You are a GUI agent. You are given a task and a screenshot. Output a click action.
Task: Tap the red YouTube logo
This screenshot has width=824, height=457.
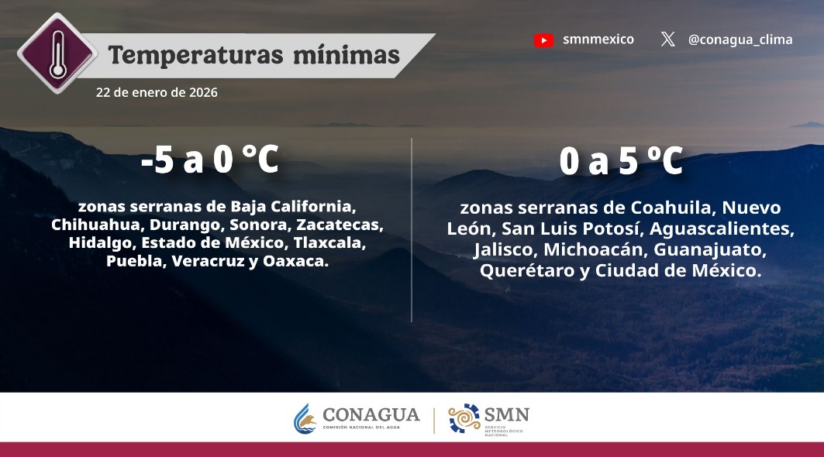pyautogui.click(x=544, y=40)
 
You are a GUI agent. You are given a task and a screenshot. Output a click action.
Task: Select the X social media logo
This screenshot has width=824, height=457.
pyautogui.click(x=667, y=40)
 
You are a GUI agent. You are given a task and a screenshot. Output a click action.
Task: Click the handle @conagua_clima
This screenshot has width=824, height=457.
pyautogui.click(x=740, y=40)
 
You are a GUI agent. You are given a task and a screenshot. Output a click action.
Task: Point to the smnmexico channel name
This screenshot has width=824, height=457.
pyautogui.click(x=598, y=40)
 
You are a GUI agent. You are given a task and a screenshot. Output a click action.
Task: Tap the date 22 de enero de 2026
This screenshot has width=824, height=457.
pyautogui.click(x=157, y=92)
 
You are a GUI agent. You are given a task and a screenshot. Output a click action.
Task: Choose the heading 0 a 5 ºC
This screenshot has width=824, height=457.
pyautogui.click(x=621, y=163)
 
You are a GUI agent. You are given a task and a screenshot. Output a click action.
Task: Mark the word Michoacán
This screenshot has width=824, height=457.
pyautogui.click(x=595, y=250)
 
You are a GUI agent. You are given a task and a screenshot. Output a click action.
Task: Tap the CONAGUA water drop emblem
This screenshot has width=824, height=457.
pyautogui.click(x=305, y=420)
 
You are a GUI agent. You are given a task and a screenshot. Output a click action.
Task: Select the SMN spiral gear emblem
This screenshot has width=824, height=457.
pyautogui.click(x=464, y=419)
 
